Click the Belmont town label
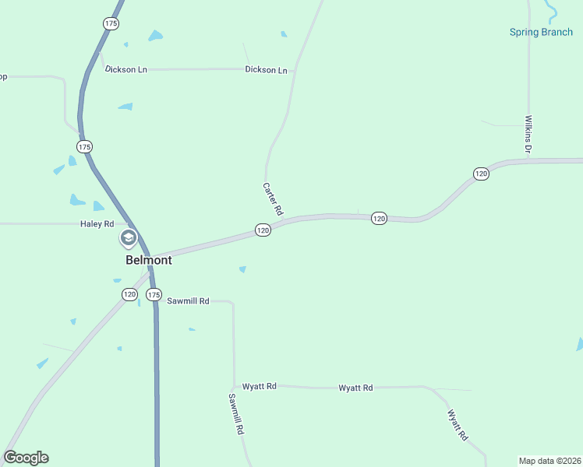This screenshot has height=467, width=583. [148, 260]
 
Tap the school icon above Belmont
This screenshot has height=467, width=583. [128, 238]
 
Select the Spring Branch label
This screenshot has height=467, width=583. [541, 33]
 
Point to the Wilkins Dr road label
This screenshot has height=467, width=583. [528, 134]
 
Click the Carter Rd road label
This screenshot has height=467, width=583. [272, 199]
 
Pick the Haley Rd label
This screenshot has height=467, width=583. [97, 224]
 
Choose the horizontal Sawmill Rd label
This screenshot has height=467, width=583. [188, 300]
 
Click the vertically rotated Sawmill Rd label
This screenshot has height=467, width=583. [236, 413]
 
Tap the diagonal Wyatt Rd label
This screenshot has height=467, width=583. [457, 425]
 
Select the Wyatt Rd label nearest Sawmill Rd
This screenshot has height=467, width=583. [260, 386]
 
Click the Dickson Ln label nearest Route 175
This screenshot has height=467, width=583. [126, 69]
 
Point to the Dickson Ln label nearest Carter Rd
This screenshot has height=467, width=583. [266, 69]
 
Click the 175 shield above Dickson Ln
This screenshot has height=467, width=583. [111, 24]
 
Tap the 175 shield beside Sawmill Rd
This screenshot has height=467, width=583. [154, 295]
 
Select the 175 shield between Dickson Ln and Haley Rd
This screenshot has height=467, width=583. [84, 146]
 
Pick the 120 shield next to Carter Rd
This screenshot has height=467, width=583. [263, 230]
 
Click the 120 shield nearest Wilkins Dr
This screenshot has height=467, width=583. [481, 174]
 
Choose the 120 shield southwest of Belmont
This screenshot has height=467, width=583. [129, 294]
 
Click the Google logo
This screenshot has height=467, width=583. [26, 458]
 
